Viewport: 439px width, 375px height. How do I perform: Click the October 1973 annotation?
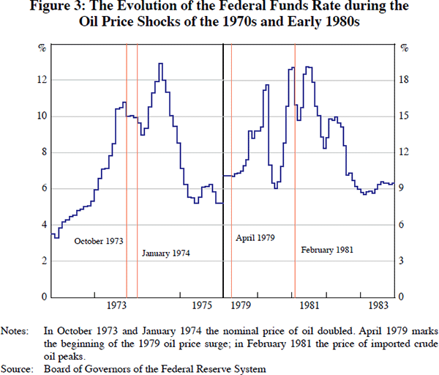click(x=98, y=240)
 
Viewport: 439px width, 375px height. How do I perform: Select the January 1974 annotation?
click(x=165, y=253)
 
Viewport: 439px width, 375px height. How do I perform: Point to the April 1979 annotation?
click(x=258, y=238)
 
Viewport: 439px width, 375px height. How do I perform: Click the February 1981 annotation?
click(x=327, y=250)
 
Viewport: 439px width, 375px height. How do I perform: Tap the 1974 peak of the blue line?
click(x=160, y=64)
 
